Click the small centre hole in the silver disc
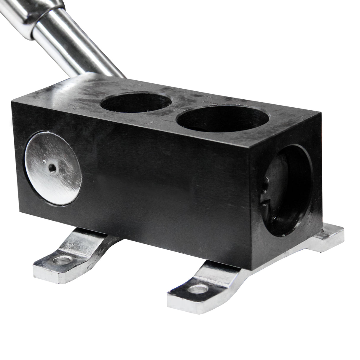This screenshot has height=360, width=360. coord(52,168)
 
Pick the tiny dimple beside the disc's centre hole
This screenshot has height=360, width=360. coord(44,162)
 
